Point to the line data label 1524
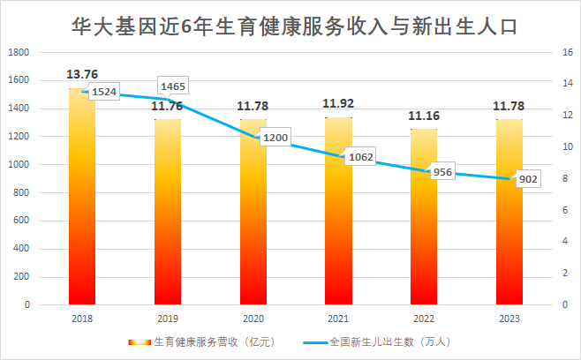pos(103,93)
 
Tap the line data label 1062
pos(359,158)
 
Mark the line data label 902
pos(527,180)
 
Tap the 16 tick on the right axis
pos(556,52)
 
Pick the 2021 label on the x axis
pos(338,319)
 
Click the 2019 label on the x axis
pos(168,319)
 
